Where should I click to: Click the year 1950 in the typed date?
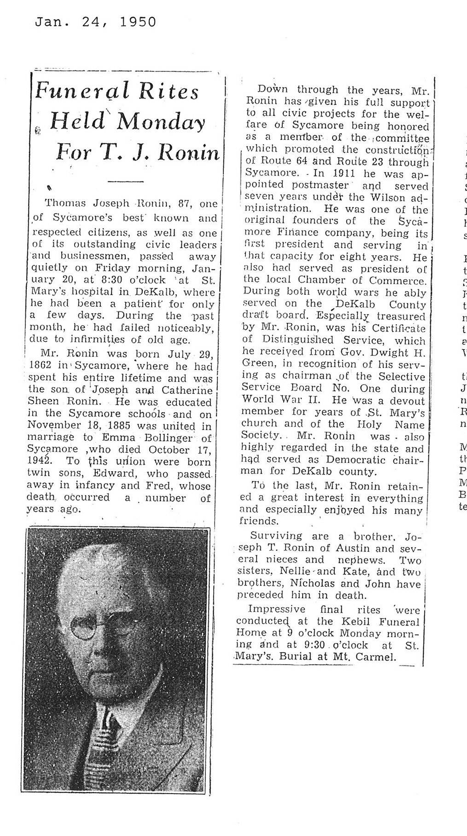(138, 22)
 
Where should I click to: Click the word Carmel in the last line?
(379, 657)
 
